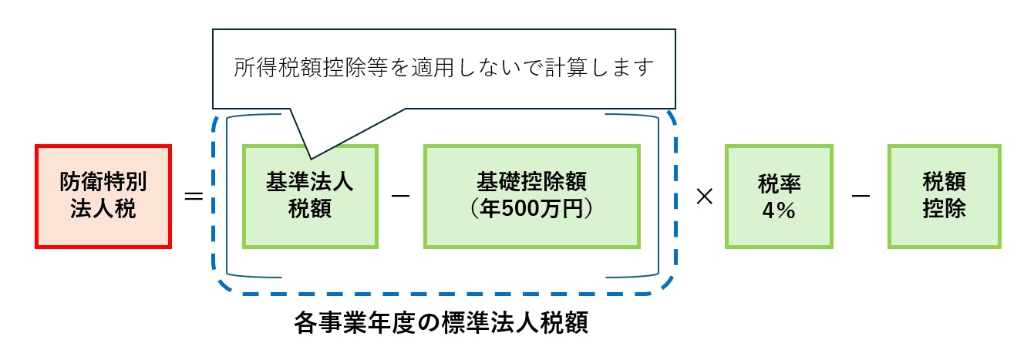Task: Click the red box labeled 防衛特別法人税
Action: click(x=103, y=196)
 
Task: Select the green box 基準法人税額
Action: click(x=310, y=196)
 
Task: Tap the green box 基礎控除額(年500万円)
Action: click(x=531, y=196)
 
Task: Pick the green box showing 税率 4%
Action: click(x=779, y=196)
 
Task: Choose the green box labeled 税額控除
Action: click(x=944, y=196)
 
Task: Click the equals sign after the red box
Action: click(x=194, y=197)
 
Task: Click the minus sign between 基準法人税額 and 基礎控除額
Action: click(x=400, y=197)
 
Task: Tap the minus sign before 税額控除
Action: click(x=861, y=197)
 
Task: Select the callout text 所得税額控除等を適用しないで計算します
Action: click(x=443, y=68)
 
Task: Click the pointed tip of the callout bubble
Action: click(x=308, y=157)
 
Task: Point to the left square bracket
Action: click(x=229, y=196)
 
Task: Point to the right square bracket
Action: click(x=655, y=196)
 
